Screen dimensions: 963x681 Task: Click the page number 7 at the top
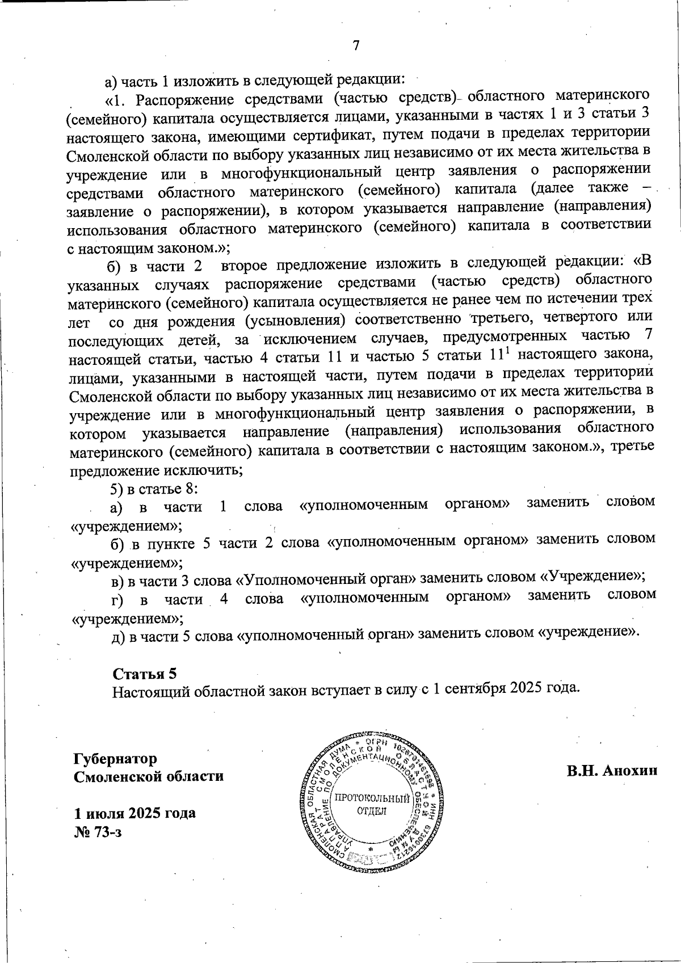click(x=356, y=46)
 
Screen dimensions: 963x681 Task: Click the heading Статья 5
click(x=145, y=674)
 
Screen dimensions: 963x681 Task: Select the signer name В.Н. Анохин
click(x=611, y=770)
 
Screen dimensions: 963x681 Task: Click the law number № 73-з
click(x=98, y=832)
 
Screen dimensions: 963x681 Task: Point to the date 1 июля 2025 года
click(x=134, y=813)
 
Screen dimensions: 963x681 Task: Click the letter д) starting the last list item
click(x=118, y=637)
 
